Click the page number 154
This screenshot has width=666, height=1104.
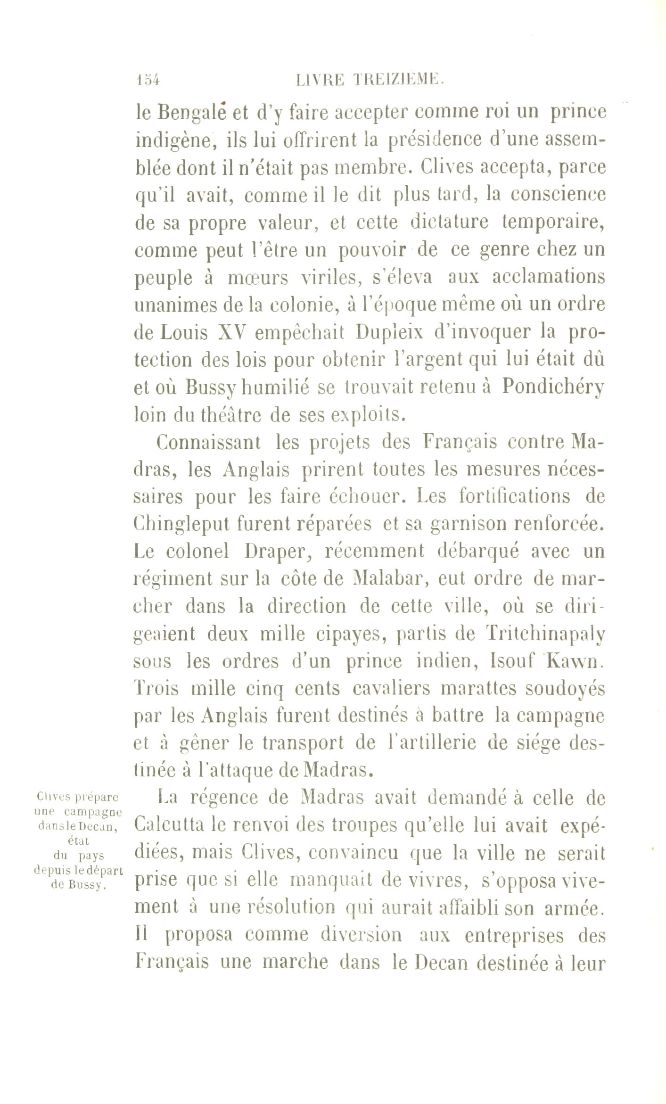[x=148, y=79]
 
